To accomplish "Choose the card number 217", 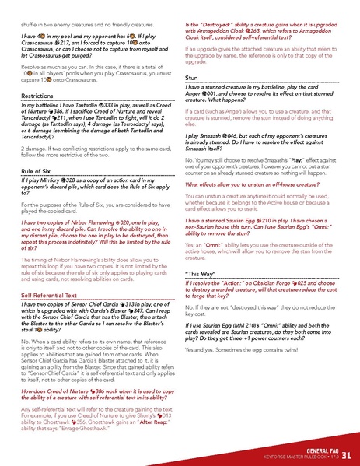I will [x=68, y=52].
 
